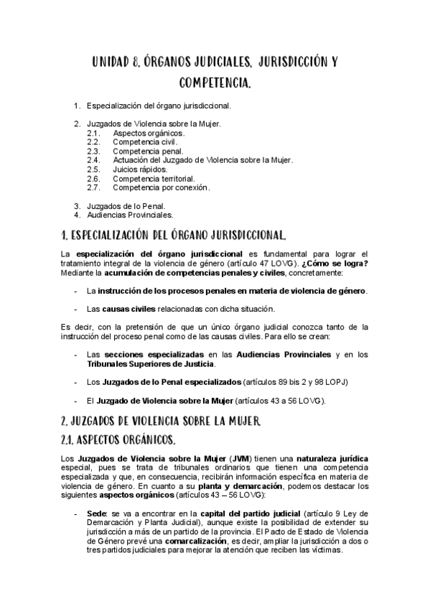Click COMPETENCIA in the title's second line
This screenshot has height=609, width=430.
pos(215,84)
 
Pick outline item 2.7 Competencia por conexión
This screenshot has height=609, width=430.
pos(161,187)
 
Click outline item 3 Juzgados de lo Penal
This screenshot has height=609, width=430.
pos(126,205)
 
